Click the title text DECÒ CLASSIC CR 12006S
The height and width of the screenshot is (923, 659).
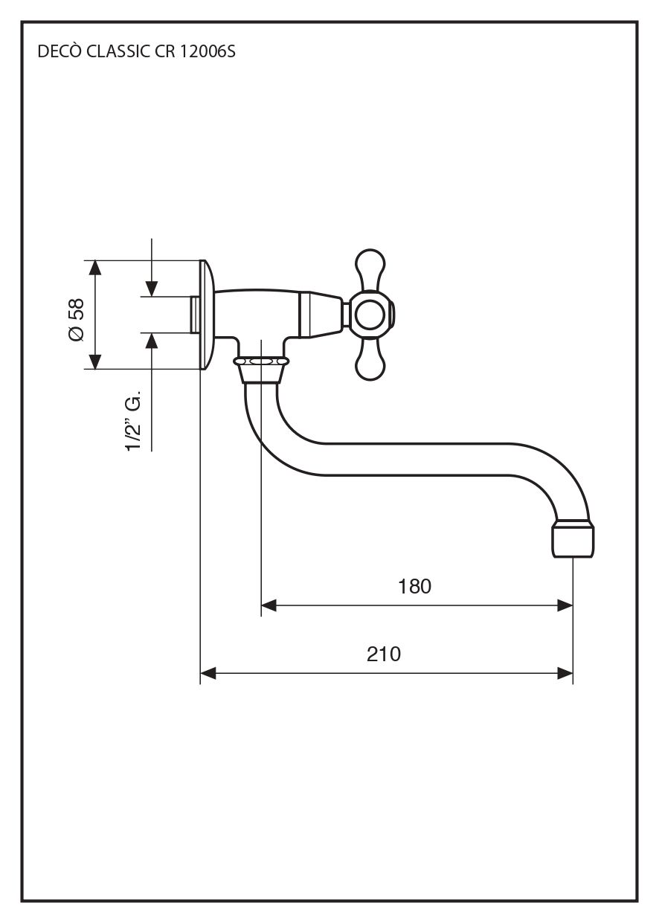136,54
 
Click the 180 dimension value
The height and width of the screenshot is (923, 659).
414,587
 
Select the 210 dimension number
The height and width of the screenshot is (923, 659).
384,655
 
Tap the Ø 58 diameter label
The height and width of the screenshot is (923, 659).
76,321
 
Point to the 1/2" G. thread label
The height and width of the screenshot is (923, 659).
134,423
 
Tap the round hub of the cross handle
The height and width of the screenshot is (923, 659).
370,315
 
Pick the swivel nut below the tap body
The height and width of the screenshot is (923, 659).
261,362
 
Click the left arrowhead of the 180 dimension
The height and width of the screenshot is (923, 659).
269,606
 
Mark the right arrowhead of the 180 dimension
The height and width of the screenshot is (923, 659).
565,606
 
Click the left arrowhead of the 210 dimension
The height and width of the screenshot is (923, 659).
208,674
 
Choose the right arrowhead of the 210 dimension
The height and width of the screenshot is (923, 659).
565,674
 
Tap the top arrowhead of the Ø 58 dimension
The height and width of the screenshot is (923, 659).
94,268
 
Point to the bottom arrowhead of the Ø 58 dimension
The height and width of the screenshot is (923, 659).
94,361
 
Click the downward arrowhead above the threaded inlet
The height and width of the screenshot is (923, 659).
152,289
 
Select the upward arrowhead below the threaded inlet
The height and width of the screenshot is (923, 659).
152,340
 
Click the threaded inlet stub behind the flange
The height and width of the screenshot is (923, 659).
194,314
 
